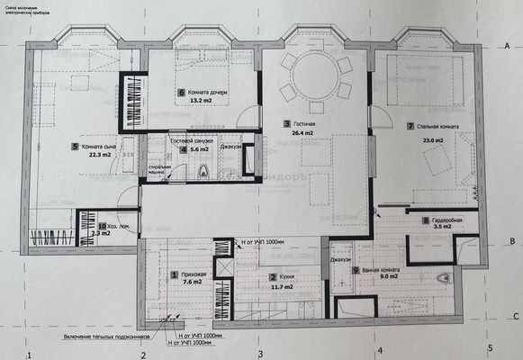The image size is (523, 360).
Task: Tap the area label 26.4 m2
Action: click(x=301, y=132)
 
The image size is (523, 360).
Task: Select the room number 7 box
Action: click(x=410, y=127)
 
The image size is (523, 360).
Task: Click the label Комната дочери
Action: click(x=211, y=93)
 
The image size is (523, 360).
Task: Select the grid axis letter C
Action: click(x=514, y=317)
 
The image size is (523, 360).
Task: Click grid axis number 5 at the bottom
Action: click(x=491, y=347)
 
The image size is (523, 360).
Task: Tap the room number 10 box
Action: click(x=102, y=227)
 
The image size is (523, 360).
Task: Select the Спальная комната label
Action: click(x=438, y=127)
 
